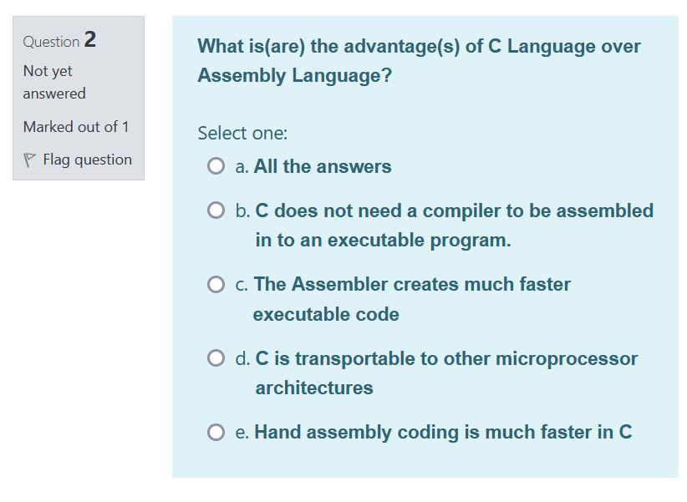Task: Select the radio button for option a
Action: (x=216, y=166)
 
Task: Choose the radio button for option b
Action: (x=216, y=210)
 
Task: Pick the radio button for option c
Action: (x=216, y=285)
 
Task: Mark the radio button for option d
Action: (x=216, y=358)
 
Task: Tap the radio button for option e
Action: (x=216, y=432)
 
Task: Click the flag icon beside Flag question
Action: (x=30, y=160)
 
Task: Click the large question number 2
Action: (x=90, y=39)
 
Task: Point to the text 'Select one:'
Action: (x=242, y=133)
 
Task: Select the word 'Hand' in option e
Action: (x=276, y=432)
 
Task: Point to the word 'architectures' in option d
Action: (x=314, y=388)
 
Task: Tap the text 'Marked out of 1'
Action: (x=76, y=127)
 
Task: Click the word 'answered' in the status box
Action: (x=54, y=94)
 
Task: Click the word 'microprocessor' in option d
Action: (x=567, y=358)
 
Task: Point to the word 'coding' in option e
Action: (x=426, y=432)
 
